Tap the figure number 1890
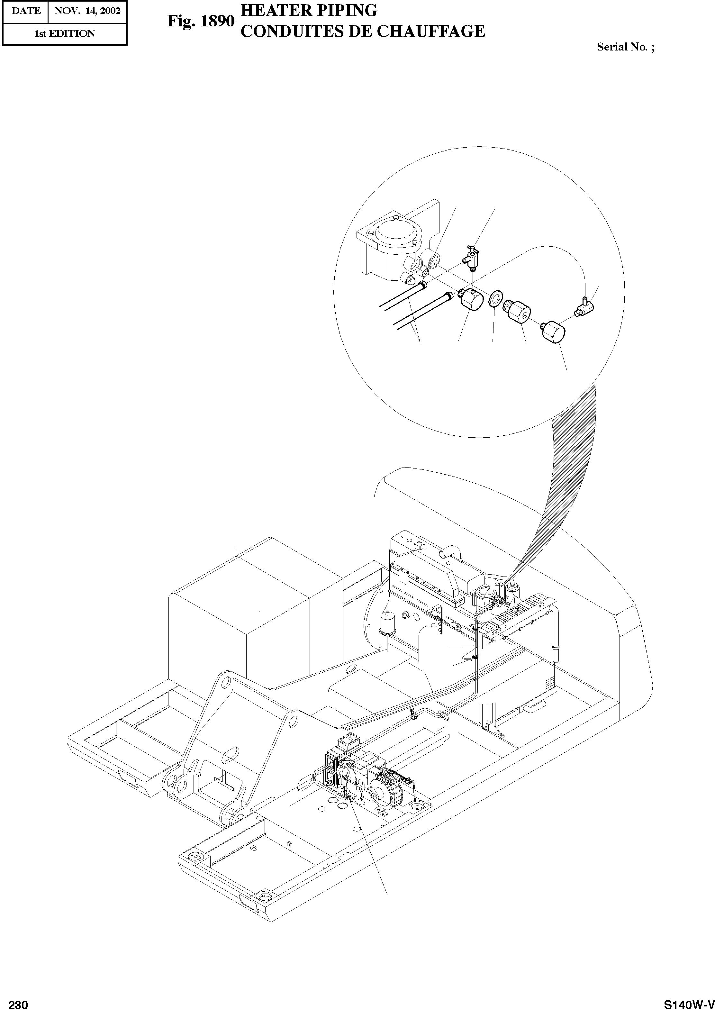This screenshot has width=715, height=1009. pos(217,21)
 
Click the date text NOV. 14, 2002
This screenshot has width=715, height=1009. pos(87,11)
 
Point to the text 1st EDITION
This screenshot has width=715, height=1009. pos(65,33)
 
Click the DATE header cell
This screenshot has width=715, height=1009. pos(25,11)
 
